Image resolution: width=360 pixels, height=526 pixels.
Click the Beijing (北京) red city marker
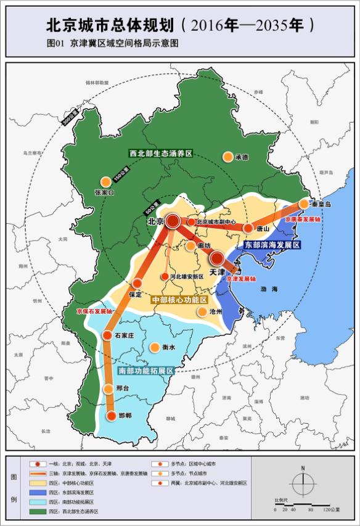(173, 221)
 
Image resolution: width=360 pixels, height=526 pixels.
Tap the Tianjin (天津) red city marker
(217, 259)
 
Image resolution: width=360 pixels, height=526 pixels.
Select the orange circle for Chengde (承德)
(228, 157)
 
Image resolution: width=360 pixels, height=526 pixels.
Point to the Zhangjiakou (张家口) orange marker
(105, 181)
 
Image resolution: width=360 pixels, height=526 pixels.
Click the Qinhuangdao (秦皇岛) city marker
(304, 203)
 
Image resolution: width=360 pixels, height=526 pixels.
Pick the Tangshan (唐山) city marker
(248, 228)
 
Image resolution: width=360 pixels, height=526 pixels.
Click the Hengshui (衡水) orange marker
(153, 347)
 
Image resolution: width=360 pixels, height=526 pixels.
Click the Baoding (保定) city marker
(137, 284)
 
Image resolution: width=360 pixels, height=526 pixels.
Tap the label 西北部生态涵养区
(161, 152)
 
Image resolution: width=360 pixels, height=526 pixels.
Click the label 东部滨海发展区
(272, 245)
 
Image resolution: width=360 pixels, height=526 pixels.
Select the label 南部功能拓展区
(145, 371)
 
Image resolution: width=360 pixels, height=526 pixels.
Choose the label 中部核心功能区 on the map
(179, 299)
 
